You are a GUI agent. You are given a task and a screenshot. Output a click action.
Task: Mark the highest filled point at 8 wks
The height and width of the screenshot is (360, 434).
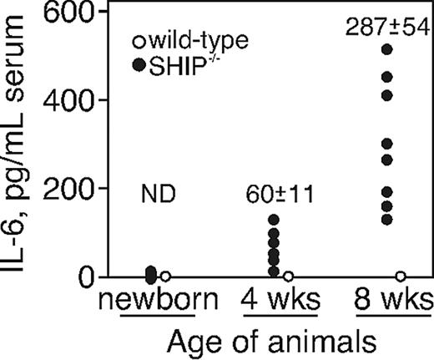pos(386,48)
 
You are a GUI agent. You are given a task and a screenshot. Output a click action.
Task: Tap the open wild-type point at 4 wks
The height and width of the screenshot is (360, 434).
pos(289,276)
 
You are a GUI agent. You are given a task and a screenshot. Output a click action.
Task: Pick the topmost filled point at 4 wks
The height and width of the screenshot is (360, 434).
pos(274,220)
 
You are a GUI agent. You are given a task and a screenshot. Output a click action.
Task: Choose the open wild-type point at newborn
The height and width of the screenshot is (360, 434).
pos(165,276)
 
